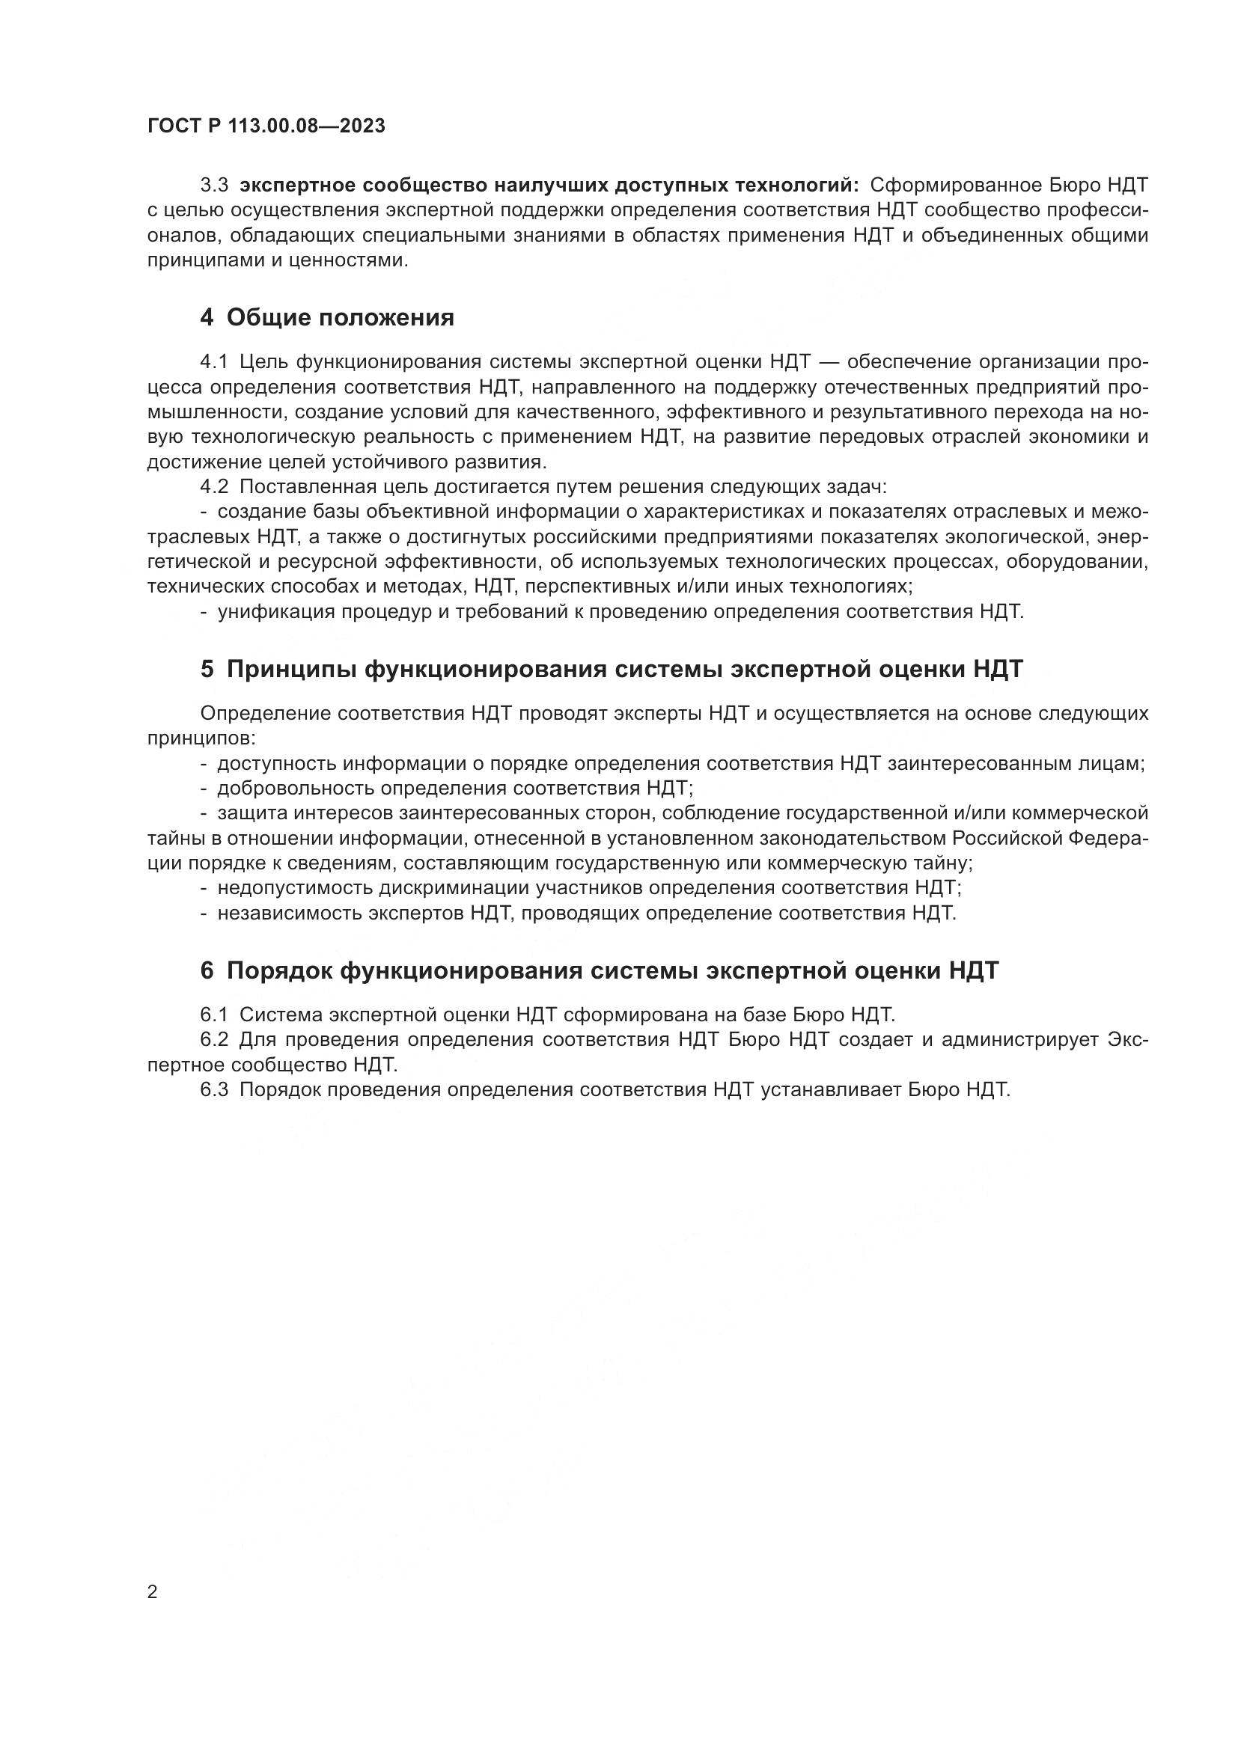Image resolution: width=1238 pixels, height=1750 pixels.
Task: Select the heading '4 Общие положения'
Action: (x=327, y=317)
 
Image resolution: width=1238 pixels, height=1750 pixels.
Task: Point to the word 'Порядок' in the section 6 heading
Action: (x=278, y=970)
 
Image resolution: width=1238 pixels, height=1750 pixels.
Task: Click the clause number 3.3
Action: (x=214, y=186)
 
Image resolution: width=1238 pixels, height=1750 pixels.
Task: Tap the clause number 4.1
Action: (x=214, y=361)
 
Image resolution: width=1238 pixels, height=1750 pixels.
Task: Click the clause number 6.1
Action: (x=214, y=1015)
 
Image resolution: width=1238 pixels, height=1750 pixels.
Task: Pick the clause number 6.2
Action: (x=214, y=1040)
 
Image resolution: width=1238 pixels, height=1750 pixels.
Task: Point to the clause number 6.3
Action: (x=214, y=1089)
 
